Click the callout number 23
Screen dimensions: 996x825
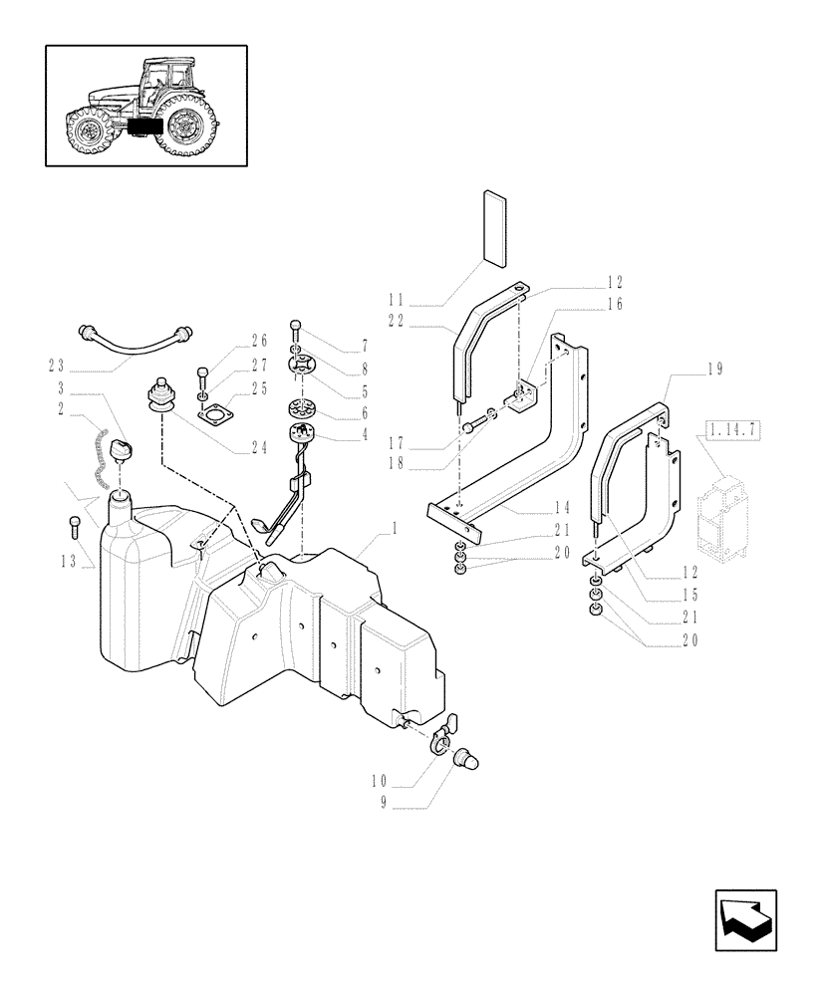click(58, 365)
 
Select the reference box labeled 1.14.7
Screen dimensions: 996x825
click(731, 430)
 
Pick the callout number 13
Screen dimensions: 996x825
click(68, 562)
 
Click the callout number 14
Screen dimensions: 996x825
click(561, 507)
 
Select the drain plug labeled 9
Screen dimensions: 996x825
click(463, 761)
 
